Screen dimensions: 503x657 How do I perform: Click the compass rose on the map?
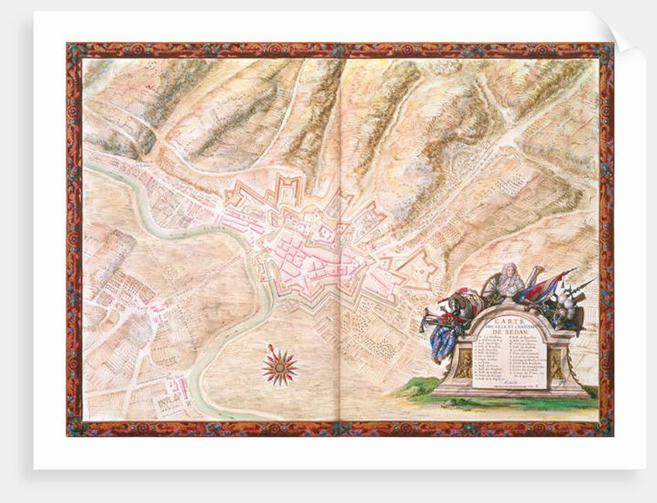pos(279,366)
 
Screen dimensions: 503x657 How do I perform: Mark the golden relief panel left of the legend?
pos(465,364)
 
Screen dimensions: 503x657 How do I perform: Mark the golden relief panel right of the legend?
pos(557,364)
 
